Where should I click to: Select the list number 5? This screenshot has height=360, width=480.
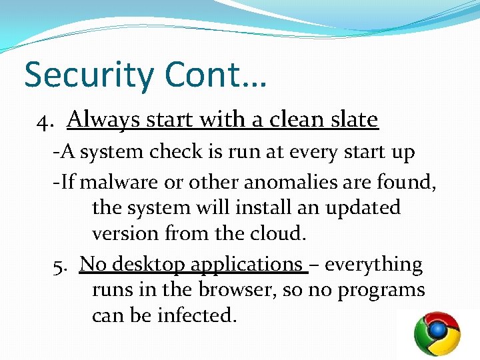tap(61, 265)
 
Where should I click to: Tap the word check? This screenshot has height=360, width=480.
tap(177, 152)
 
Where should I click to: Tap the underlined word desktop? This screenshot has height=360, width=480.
tap(149, 265)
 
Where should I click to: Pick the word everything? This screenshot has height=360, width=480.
tap(373, 265)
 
